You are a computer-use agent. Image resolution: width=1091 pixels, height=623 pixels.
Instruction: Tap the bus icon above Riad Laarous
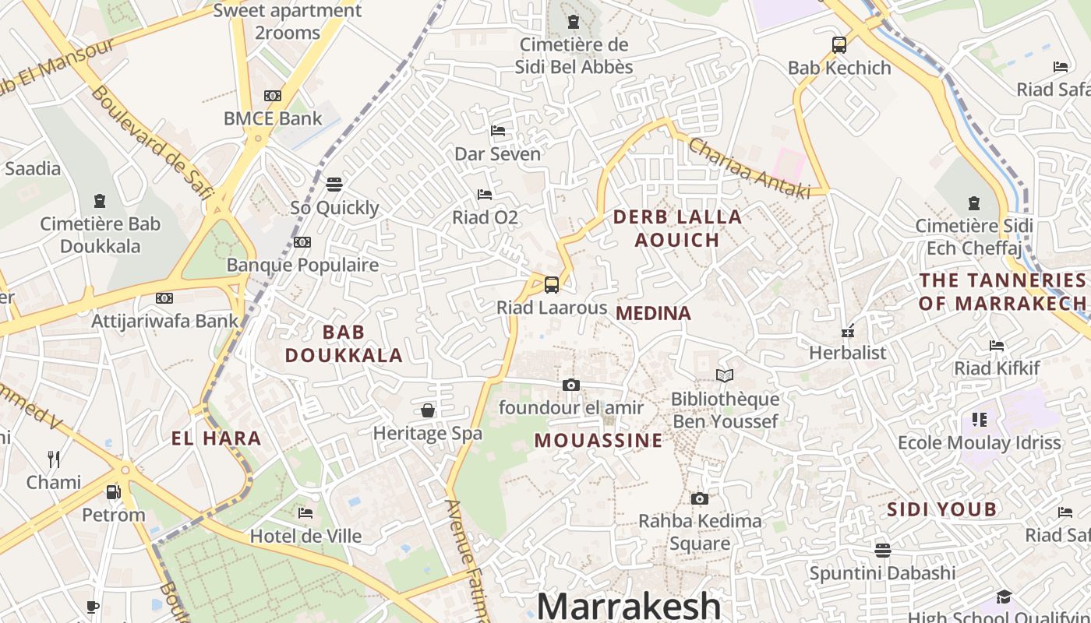(552, 284)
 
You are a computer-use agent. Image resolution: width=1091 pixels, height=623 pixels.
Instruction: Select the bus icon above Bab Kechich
(839, 45)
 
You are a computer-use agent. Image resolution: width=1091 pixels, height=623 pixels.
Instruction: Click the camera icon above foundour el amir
(571, 385)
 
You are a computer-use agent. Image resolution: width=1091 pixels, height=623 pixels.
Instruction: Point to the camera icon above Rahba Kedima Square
(700, 498)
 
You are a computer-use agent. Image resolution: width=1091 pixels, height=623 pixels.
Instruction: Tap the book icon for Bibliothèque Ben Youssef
(725, 376)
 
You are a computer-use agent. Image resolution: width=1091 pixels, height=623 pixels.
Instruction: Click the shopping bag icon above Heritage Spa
(428, 410)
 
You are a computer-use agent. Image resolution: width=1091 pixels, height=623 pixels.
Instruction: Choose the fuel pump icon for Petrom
(114, 492)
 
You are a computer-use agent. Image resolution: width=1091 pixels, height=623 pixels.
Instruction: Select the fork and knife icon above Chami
(54, 459)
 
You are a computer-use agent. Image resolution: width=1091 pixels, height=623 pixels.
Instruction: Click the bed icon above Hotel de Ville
(305, 513)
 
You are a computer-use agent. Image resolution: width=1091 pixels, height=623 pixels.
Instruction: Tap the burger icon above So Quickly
(334, 185)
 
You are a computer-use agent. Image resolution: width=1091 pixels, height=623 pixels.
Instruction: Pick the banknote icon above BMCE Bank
(272, 96)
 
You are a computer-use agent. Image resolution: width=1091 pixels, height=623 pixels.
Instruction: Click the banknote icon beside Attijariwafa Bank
(164, 298)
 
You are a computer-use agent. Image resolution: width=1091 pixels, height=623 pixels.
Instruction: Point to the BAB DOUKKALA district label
(344, 343)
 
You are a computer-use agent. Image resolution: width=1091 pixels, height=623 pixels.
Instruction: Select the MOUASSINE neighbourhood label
(598, 440)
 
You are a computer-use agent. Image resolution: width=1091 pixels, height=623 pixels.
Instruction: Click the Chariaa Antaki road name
(749, 168)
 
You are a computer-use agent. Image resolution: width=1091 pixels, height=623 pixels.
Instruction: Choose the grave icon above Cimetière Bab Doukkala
(100, 201)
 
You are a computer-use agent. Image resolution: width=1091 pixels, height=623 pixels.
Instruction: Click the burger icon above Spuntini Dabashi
(882, 551)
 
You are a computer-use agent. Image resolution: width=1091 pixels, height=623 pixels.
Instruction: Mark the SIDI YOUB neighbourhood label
(942, 509)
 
